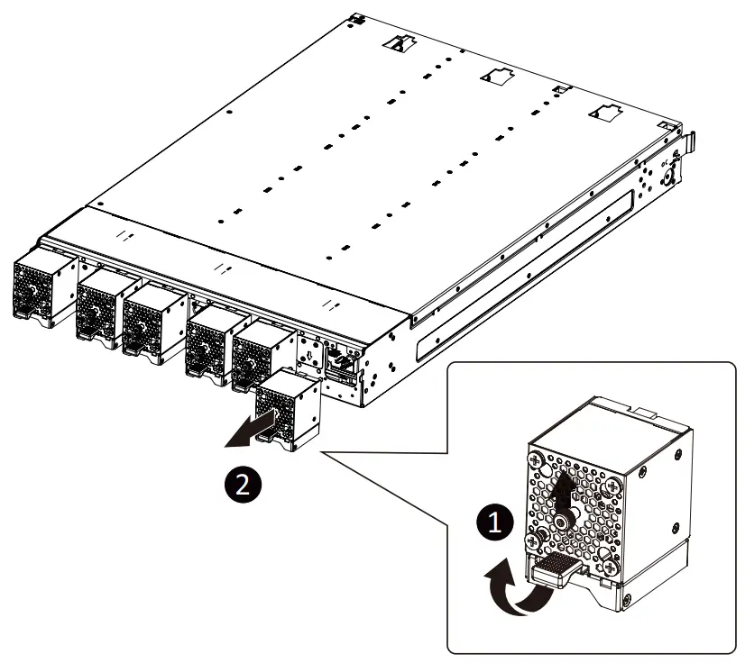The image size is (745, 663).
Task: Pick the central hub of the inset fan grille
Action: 562,520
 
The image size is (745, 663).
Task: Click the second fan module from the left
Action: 101,309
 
